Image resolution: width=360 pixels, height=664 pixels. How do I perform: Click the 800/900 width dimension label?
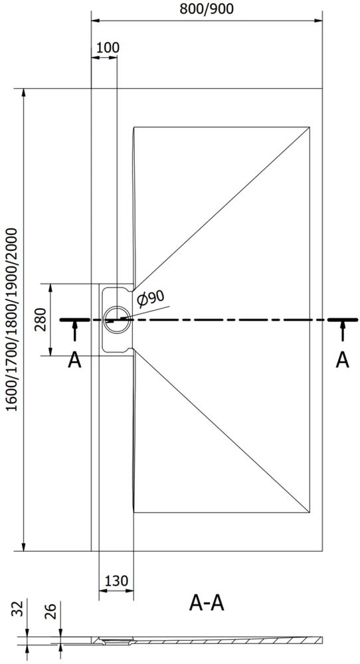(x=207, y=9)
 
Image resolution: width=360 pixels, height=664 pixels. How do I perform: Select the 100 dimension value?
(x=108, y=47)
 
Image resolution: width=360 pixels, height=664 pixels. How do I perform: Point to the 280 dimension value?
(x=43, y=320)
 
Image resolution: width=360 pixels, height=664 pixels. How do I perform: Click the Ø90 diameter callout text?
(x=151, y=299)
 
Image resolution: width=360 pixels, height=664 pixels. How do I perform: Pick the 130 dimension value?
(x=116, y=580)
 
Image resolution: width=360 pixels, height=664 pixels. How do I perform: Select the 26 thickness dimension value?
(x=50, y=610)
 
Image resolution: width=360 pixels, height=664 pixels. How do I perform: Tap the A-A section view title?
(x=207, y=603)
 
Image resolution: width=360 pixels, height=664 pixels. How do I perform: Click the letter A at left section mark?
(x=74, y=361)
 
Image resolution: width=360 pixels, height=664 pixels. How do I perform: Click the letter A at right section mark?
(x=342, y=360)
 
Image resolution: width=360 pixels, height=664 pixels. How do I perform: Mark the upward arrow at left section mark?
(x=75, y=331)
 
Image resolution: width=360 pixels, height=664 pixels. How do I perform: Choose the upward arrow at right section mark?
(x=342, y=331)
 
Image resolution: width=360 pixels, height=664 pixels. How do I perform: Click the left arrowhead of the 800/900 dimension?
(x=96, y=21)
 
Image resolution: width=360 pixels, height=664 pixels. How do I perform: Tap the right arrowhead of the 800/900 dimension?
(x=317, y=21)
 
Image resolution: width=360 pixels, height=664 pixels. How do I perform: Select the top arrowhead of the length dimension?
(x=24, y=93)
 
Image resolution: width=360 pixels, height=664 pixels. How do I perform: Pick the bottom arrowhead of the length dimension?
(x=24, y=546)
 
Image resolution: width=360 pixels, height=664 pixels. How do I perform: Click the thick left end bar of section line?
(x=74, y=320)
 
